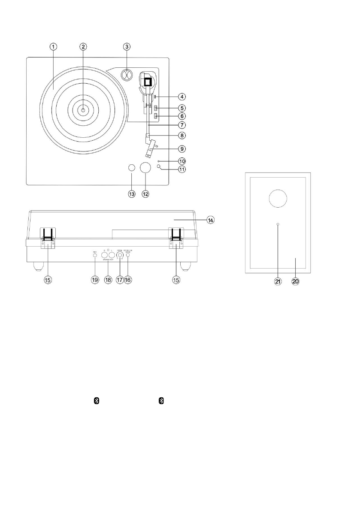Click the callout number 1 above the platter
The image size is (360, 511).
tap(52, 46)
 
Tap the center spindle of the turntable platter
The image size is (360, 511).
tap(83, 110)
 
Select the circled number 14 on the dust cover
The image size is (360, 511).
tap(210, 220)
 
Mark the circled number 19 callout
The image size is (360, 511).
tap(95, 279)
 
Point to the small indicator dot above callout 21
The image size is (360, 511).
tap(278, 224)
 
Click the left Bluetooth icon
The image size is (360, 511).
tap(97, 400)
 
